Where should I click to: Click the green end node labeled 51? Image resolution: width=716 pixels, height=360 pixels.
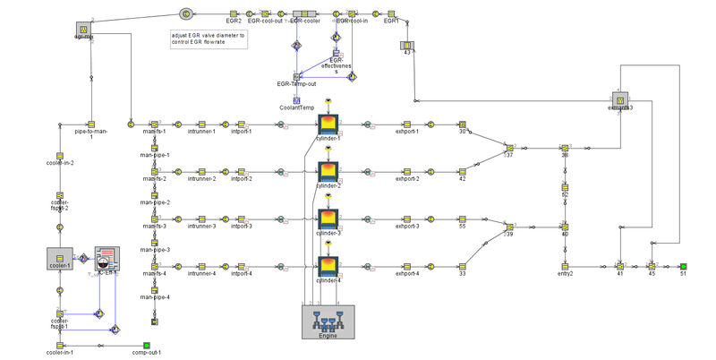pyautogui.click(x=683, y=266)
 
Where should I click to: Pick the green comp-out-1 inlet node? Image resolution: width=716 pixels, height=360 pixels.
pyautogui.click(x=147, y=345)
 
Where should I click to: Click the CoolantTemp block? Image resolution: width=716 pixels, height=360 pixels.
pyautogui.click(x=296, y=100)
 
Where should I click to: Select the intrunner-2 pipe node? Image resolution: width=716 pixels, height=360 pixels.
pyautogui.click(x=201, y=171)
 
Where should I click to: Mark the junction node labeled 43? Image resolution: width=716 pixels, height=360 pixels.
pyautogui.click(x=406, y=45)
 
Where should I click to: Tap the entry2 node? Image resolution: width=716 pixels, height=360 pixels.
pyautogui.click(x=565, y=266)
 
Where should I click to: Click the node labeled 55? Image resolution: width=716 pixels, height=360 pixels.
pyautogui.click(x=463, y=219)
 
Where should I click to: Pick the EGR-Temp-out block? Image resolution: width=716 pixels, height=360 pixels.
pyautogui.click(x=296, y=77)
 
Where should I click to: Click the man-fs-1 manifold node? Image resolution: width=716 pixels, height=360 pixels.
pyautogui.click(x=154, y=124)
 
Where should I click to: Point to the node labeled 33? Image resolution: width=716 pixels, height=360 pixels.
pyautogui.click(x=463, y=266)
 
